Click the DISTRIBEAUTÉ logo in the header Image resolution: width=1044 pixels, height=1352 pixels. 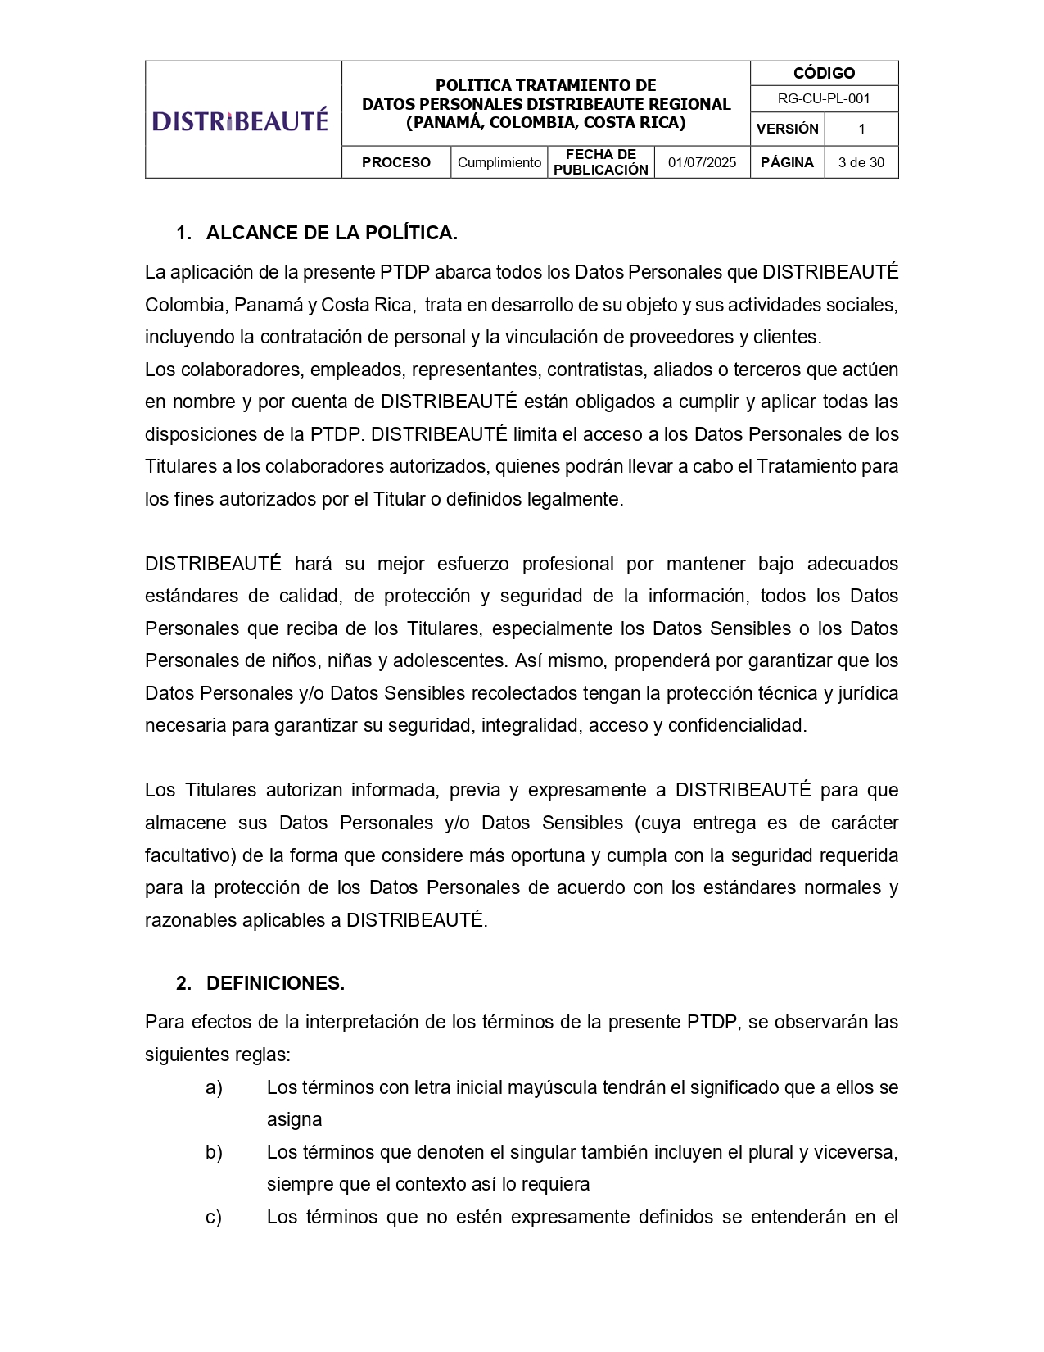(240, 120)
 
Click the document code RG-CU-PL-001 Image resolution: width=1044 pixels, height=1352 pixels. (824, 99)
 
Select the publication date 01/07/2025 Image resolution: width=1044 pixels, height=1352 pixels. (702, 162)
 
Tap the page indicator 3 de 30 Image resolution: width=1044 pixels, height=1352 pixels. (861, 162)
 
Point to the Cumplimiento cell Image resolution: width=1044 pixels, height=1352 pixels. (499, 162)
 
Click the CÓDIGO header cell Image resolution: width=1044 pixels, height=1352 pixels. (824, 74)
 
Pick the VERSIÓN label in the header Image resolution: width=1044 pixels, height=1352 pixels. (787, 129)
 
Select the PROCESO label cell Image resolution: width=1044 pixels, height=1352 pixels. (396, 162)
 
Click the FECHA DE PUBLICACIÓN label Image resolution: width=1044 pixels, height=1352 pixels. (600, 162)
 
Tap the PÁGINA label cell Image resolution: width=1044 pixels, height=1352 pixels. (787, 162)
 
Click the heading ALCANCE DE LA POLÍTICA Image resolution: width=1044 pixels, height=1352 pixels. (332, 234)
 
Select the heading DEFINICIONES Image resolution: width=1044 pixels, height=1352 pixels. (275, 984)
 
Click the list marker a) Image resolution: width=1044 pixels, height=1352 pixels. (214, 1088)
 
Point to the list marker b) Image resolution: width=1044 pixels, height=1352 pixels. (214, 1153)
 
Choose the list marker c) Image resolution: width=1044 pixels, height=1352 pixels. (214, 1218)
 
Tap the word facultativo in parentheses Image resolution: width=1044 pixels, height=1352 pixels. (191, 856)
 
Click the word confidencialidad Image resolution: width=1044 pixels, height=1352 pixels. (737, 726)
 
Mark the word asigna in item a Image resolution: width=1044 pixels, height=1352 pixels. (294, 1120)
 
